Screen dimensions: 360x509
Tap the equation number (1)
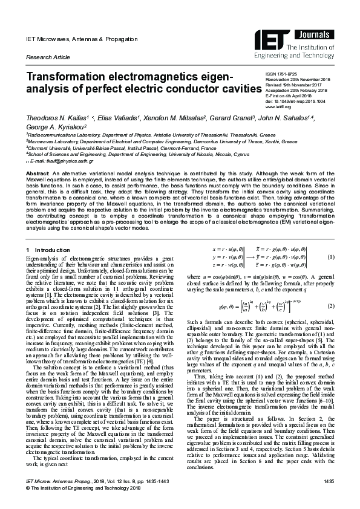click(331, 256)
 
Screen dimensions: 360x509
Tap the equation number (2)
click(331, 306)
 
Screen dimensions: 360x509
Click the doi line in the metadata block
click(296, 101)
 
